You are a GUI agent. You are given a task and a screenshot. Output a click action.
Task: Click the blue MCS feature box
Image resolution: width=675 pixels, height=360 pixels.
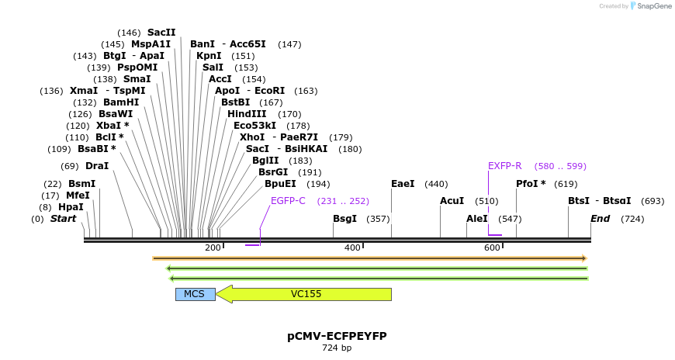195,294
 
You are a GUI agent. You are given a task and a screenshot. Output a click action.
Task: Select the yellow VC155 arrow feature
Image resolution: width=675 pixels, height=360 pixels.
306,294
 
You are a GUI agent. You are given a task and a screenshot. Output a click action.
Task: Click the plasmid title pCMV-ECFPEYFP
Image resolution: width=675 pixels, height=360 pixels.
337,336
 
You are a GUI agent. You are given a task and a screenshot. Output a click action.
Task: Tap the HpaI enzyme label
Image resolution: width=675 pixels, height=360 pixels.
71,207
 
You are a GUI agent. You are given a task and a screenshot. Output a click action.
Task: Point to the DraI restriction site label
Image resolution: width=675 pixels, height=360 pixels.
97,166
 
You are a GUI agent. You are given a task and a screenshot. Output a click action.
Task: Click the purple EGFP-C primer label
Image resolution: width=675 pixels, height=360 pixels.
288,200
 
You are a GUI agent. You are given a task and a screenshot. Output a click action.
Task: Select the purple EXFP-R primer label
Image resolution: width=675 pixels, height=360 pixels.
505,166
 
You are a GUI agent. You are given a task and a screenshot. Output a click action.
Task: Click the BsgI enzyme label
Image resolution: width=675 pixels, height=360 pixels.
344,219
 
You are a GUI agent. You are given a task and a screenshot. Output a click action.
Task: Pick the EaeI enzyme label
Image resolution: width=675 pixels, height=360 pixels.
403,184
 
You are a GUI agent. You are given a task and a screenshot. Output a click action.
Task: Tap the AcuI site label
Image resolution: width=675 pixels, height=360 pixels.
452,201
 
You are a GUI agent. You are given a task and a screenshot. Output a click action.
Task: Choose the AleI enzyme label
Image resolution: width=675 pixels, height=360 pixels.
477,219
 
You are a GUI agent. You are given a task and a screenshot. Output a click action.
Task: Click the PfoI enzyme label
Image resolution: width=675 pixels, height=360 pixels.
531,184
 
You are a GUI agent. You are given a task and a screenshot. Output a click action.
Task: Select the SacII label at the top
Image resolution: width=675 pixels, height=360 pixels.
161,33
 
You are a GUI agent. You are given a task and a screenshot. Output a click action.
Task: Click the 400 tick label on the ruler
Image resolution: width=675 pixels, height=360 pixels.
352,247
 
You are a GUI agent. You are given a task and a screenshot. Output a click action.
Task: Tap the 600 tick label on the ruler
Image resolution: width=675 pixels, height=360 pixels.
492,247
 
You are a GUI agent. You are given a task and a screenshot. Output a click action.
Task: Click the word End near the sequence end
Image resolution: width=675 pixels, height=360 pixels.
600,219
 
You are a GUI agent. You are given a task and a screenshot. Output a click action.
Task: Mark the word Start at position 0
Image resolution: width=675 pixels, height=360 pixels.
64,219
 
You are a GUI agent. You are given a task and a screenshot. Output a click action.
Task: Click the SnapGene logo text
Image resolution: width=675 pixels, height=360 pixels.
655,6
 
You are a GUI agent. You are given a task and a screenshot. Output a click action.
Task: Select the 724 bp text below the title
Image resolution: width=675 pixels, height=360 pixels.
337,348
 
